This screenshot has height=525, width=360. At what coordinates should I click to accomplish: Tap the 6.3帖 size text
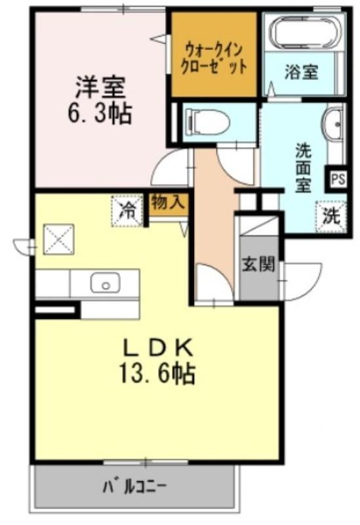pyautogui.click(x=100, y=113)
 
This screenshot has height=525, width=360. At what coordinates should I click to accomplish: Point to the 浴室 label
pyautogui.click(x=301, y=72)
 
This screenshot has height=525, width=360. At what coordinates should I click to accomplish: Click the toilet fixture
pyautogui.click(x=207, y=121)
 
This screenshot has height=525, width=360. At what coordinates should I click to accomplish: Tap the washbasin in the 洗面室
pyautogui.click(x=334, y=125)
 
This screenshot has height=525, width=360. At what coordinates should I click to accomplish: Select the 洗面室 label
pyautogui.click(x=303, y=168)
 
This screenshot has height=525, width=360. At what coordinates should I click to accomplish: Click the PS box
pyautogui.click(x=337, y=179)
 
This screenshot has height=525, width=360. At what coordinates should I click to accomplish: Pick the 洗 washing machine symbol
pyautogui.click(x=331, y=217)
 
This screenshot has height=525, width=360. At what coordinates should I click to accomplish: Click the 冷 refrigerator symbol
pyautogui.click(x=127, y=211)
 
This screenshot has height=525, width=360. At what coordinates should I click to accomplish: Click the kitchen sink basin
pyautogui.click(x=105, y=283)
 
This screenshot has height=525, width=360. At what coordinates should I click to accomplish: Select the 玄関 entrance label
pyautogui.click(x=258, y=264)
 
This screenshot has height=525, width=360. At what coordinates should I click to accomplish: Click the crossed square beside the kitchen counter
pyautogui.click(x=59, y=239)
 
